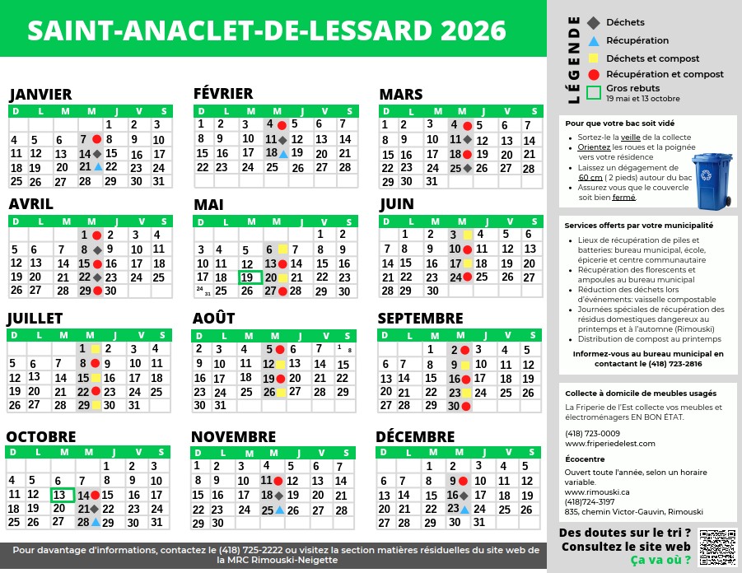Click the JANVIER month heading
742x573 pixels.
pos(40,94)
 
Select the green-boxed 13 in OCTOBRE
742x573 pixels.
pos(62,495)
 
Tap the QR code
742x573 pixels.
pos(716,547)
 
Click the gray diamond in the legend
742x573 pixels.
pos(594,22)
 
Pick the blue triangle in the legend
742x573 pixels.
pos(594,40)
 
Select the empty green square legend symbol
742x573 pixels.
pos(594,92)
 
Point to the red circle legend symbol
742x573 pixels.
pos(594,74)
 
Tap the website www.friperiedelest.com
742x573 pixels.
pos(610,444)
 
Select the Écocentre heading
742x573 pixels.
pos(586,459)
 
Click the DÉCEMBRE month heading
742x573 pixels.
pos(416,436)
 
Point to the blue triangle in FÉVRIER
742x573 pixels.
pos(282,153)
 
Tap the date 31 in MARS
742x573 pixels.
pos(431,182)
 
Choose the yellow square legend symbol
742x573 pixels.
pos(594,58)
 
